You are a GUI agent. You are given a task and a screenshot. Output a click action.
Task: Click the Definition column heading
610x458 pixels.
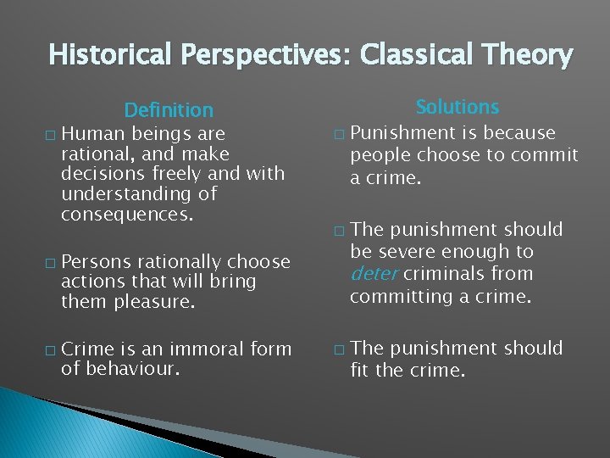click(x=169, y=110)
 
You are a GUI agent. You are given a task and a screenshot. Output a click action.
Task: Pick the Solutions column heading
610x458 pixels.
click(x=457, y=107)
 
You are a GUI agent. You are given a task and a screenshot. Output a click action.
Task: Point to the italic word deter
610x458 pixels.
click(x=374, y=274)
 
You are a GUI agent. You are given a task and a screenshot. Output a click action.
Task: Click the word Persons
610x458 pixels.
click(x=96, y=261)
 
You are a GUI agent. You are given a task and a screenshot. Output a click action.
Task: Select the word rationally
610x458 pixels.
click(x=180, y=261)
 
